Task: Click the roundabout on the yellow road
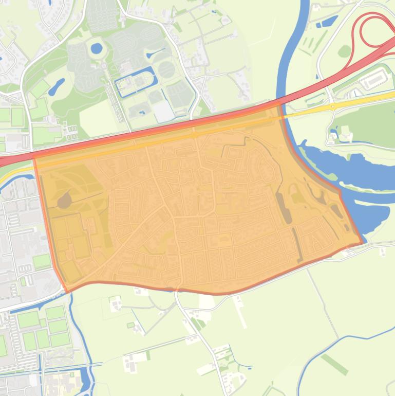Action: point(333,106)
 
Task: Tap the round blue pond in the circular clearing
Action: point(96,48)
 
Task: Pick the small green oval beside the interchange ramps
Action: point(345,51)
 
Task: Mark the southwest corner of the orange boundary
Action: point(67,291)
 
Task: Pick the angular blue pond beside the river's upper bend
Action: point(327,22)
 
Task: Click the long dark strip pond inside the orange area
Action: point(284,208)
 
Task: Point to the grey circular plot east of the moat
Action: point(166,69)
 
